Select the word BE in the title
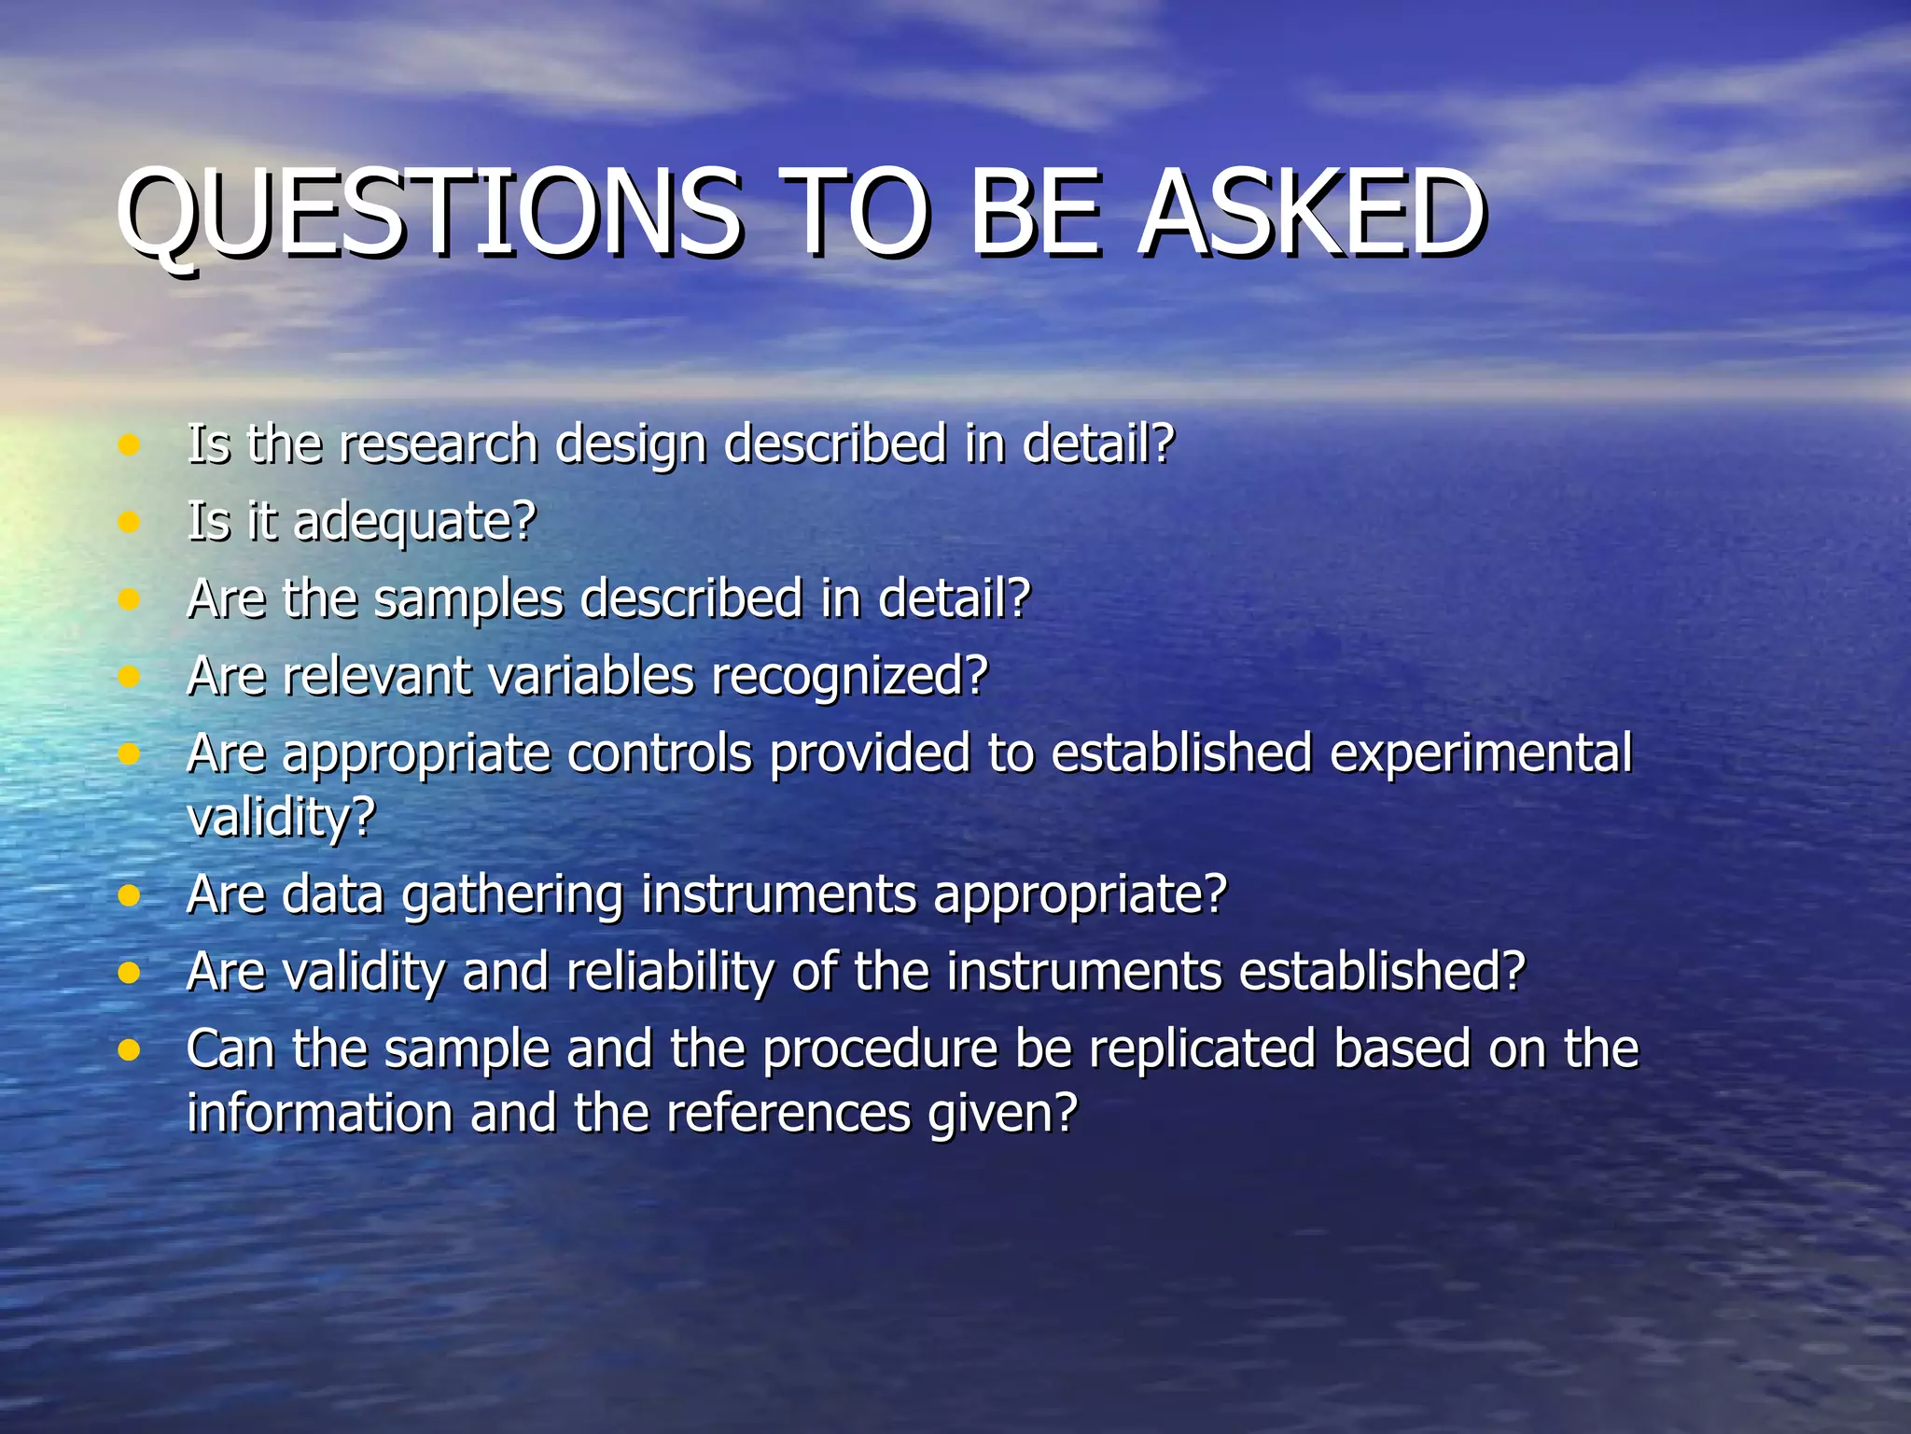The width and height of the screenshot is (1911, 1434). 1036,215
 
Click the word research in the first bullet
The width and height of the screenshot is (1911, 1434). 439,443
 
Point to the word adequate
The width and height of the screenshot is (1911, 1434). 413,523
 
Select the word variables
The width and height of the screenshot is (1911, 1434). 592,677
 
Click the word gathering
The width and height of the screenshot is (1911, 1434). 512,896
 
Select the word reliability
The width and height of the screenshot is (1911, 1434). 669,973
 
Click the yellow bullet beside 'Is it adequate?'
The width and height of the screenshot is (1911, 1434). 129,522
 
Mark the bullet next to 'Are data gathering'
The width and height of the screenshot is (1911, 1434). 129,896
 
